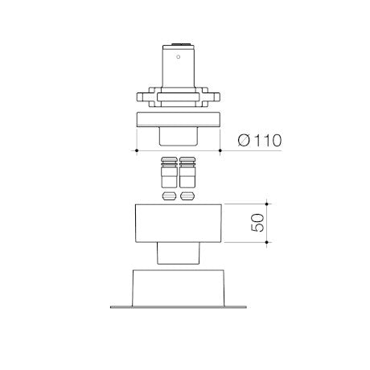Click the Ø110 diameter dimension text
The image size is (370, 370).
tap(260, 140)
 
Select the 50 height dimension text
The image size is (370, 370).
tap(257, 223)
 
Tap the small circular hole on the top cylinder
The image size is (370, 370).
tap(179, 57)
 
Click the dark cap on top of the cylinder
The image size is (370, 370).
tap(182, 43)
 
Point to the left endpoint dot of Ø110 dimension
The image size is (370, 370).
tap(137, 150)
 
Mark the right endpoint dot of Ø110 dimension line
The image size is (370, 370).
tap(220, 150)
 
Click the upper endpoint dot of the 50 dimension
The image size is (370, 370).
tap(266, 204)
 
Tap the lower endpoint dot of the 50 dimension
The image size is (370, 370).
tap(266, 242)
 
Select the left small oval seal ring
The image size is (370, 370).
tap(169, 196)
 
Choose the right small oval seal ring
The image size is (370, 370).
tap(187, 196)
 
